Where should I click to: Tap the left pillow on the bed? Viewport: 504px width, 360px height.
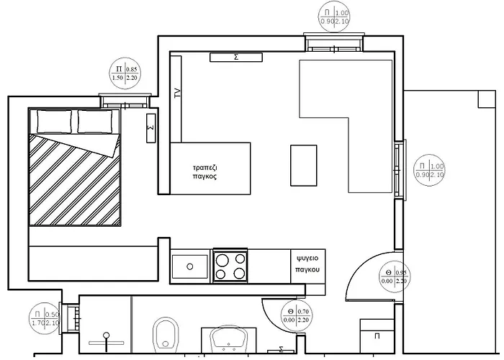coord(54,121)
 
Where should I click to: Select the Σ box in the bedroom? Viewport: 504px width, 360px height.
coord(150,128)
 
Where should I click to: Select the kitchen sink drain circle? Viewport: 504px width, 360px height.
coord(189,266)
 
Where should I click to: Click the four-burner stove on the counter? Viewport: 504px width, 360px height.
coord(231,264)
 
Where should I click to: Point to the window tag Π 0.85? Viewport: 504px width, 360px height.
coord(124,73)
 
